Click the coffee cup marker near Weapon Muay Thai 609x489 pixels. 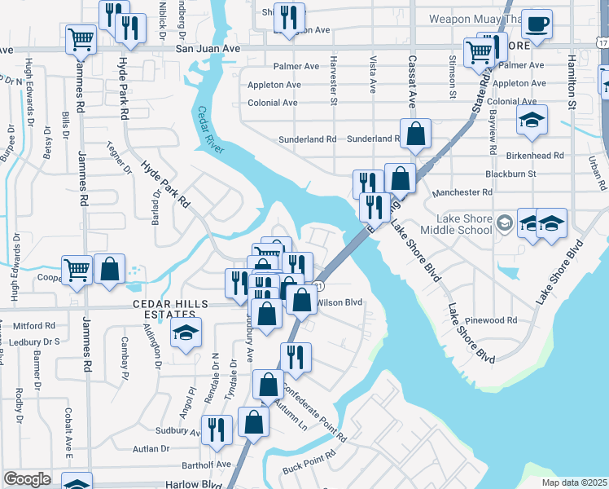tap(536, 24)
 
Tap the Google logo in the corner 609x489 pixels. tap(27, 479)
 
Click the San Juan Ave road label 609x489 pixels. tap(208, 49)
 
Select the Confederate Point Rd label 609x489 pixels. tap(315, 412)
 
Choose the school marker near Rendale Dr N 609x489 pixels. tap(186, 333)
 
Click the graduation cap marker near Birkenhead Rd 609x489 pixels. tap(532, 121)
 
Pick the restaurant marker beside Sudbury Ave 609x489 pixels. tap(216, 431)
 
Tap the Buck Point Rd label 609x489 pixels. tap(309, 464)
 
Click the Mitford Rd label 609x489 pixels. tap(34, 324)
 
